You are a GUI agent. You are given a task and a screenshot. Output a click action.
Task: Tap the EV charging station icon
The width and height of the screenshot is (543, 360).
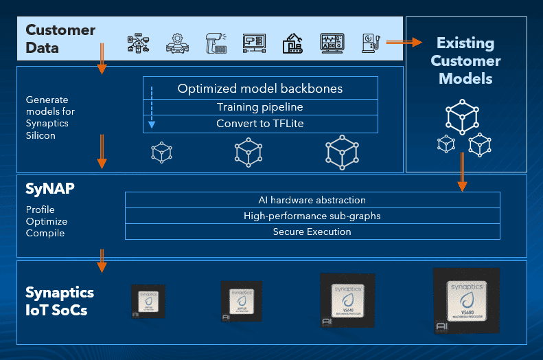(371, 43)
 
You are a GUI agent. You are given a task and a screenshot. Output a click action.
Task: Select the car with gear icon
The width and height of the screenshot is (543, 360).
(177, 43)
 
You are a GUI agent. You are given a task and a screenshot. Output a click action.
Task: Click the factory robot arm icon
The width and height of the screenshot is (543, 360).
(293, 43)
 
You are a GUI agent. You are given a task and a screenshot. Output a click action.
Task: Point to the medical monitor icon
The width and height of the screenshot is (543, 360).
(332, 43)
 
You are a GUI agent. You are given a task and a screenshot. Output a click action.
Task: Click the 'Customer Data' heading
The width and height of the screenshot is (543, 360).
(60, 39)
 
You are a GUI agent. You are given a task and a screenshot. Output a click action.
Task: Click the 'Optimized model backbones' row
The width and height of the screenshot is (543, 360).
(259, 89)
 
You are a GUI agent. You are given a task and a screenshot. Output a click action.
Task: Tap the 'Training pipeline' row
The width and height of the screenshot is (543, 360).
(259, 106)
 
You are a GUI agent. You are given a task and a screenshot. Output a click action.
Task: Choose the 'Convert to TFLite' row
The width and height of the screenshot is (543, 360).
(259, 124)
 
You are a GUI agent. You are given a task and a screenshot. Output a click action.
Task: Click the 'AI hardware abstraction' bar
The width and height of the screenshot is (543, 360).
(312, 200)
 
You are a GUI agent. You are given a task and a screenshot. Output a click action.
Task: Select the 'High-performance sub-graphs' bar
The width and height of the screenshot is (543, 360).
(312, 216)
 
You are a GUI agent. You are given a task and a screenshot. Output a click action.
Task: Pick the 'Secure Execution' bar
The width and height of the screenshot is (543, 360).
(312, 232)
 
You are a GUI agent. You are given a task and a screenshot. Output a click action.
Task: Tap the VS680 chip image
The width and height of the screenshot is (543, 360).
(466, 300)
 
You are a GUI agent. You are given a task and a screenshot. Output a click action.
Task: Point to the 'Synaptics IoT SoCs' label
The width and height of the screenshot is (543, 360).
(60, 300)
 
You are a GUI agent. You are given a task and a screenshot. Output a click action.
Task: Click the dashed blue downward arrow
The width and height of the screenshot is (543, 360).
(152, 106)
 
